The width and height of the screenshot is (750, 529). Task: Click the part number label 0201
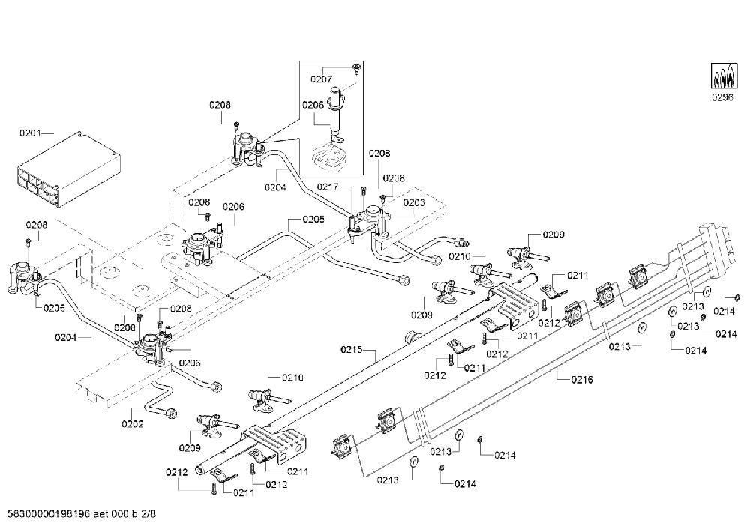30,133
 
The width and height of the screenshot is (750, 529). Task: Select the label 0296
721,97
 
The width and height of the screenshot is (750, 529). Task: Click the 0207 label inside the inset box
321,79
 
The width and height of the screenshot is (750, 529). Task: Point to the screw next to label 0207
355,68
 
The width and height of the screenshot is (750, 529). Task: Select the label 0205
313,219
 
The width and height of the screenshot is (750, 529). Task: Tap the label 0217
328,187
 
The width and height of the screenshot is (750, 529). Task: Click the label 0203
414,202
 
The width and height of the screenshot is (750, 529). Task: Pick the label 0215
352,350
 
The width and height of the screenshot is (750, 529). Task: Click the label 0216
582,379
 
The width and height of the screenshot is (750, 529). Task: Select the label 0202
133,423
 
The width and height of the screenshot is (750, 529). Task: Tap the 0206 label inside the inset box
313,105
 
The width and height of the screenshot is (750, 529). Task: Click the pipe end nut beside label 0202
169,414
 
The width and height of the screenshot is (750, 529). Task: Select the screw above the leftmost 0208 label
28,241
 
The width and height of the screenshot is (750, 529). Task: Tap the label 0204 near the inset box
275,187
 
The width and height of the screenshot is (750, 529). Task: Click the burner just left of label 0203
373,217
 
